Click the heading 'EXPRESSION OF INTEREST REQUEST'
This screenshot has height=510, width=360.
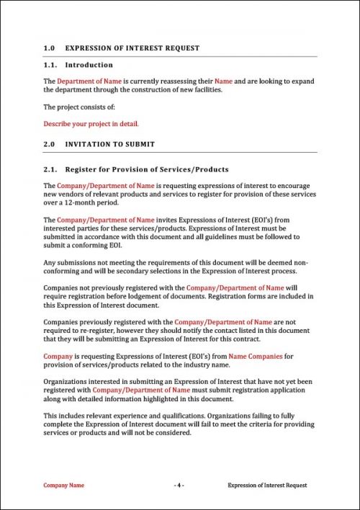coord(132,48)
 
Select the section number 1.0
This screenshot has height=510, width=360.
coord(49,48)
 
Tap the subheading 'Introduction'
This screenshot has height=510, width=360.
coord(89,65)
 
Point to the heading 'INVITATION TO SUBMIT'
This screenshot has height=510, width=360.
coord(109,144)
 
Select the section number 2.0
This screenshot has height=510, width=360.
coord(49,144)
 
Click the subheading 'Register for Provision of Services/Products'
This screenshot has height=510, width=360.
coord(147,169)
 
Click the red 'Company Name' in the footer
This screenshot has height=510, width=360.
coord(63,486)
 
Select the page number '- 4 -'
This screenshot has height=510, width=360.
coord(179,486)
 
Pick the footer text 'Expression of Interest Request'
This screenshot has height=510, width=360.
coord(267,486)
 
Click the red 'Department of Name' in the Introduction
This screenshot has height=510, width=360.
coord(90,81)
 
